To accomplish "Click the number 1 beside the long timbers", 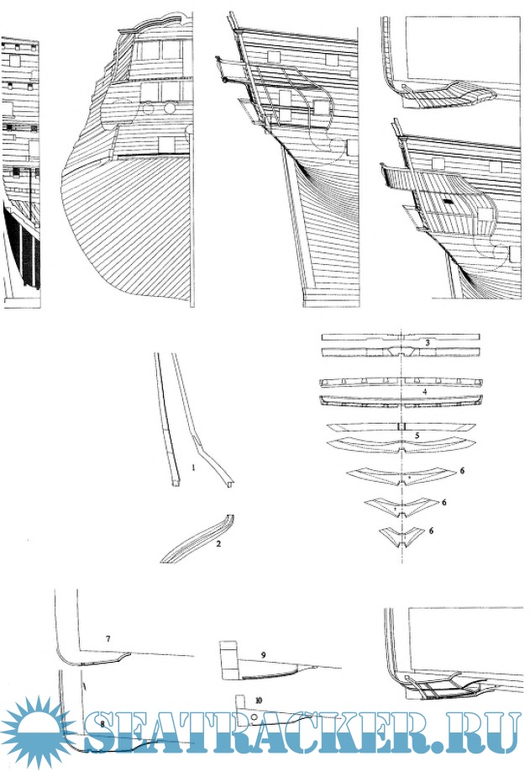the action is [194, 468].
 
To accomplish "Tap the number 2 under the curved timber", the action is [218, 543].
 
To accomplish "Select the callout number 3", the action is [428, 342].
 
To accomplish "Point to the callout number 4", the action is [425, 392].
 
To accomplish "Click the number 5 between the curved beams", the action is [417, 436].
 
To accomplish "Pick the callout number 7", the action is [108, 639].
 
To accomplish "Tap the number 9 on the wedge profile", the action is [264, 655].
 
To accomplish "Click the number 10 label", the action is [259, 700].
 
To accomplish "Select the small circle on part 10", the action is [254, 718].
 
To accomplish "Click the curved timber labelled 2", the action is [196, 541].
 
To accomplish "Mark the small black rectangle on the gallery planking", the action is [448, 201].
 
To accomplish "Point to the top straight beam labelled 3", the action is [401, 337].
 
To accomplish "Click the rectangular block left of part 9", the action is [228, 661].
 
